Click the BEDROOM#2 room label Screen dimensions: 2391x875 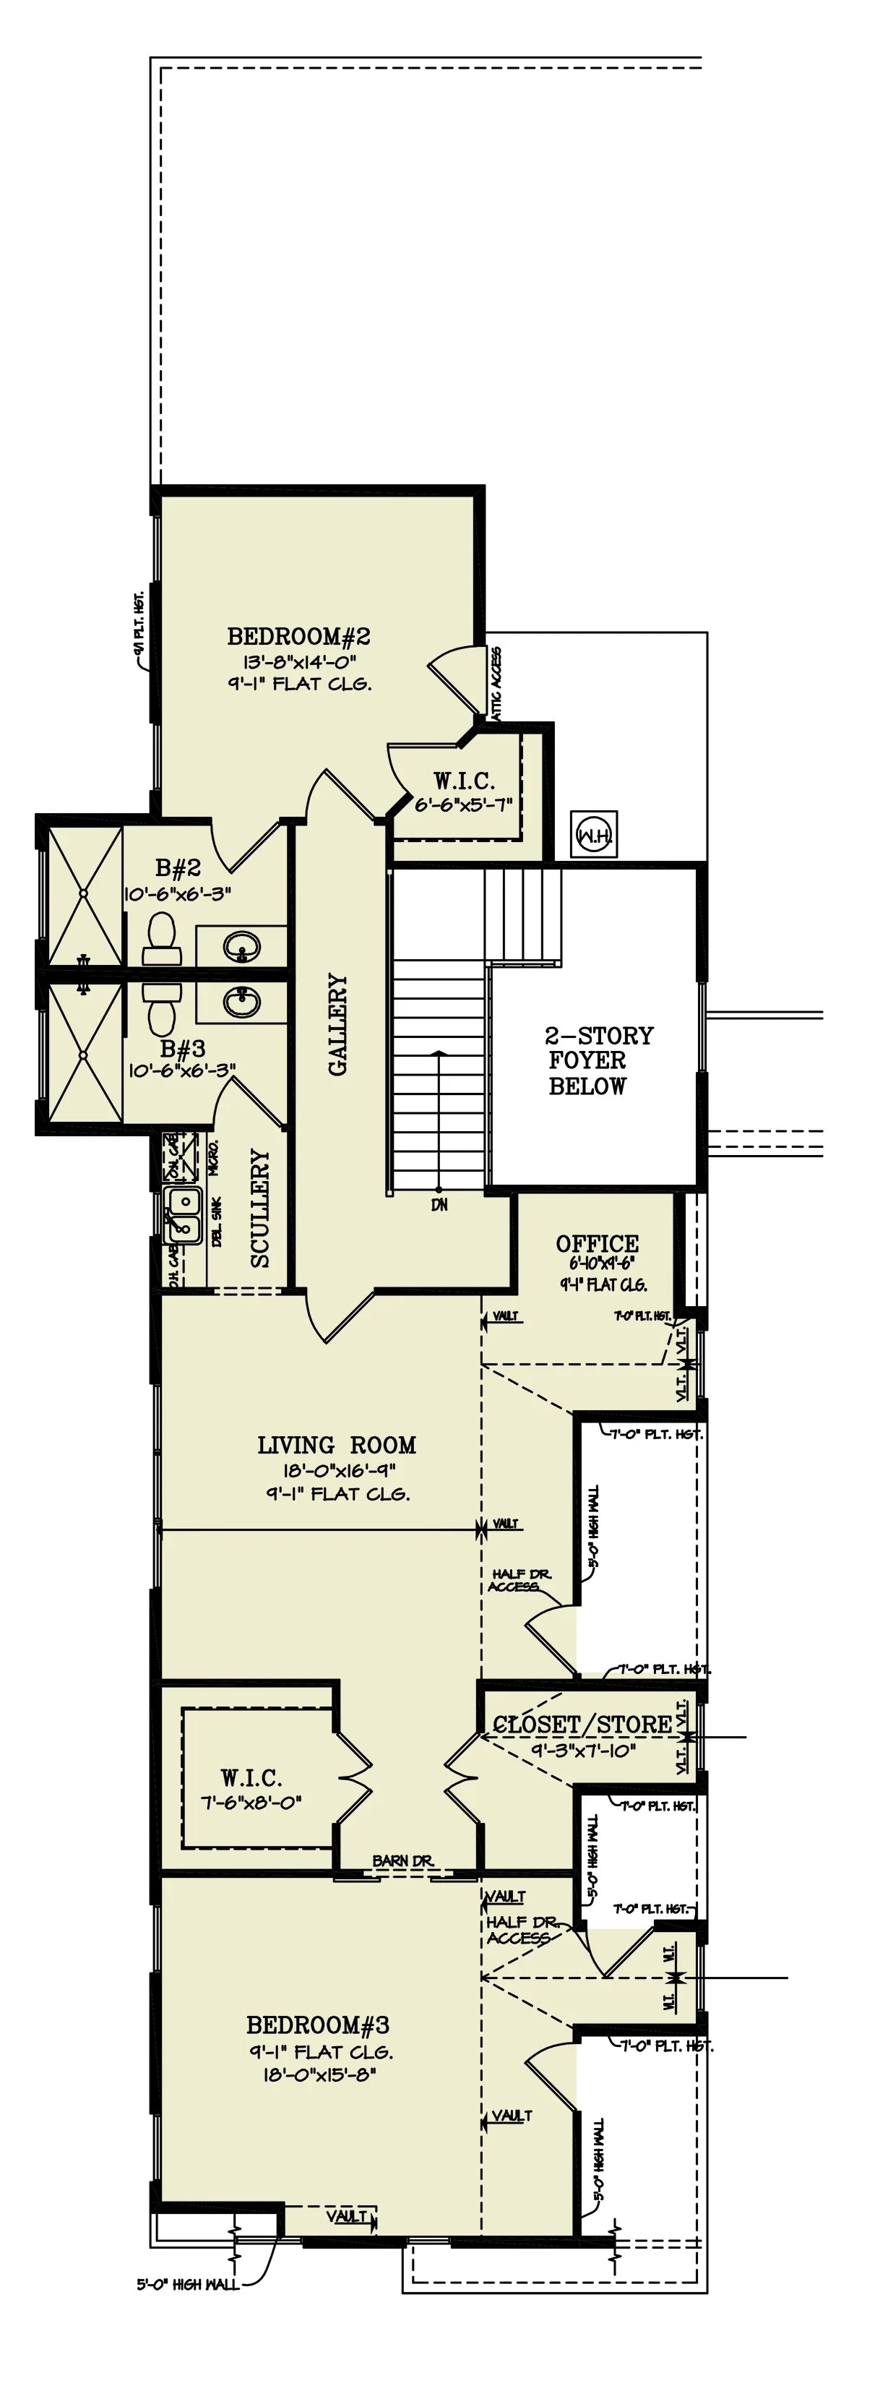pyautogui.click(x=299, y=637)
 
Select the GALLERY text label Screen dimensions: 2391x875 pyautogui.click(x=337, y=1025)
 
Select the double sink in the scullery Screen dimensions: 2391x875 pyautogui.click(x=183, y=1215)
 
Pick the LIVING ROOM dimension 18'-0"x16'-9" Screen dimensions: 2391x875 pyautogui.click(x=336, y=1470)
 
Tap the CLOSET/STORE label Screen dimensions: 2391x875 pyautogui.click(x=582, y=1725)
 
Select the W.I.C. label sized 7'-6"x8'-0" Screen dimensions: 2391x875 pyautogui.click(x=251, y=1778)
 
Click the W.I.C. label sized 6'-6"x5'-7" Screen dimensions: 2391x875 pyautogui.click(x=464, y=781)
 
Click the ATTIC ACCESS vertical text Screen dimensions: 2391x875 pyautogui.click(x=496, y=684)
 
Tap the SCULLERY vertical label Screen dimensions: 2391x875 pyautogui.click(x=260, y=1209)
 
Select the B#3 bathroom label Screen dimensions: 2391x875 pyautogui.click(x=183, y=1049)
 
